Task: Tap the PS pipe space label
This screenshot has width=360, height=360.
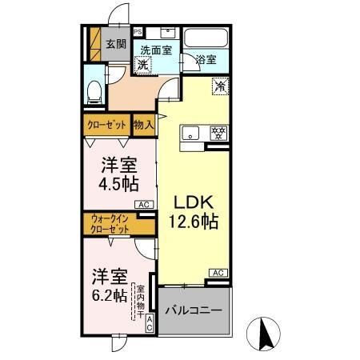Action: tap(138, 33)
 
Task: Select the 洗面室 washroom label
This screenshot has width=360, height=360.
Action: tap(157, 50)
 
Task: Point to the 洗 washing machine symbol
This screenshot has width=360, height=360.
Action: tap(142, 65)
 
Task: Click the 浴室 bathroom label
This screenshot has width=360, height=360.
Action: tap(206, 58)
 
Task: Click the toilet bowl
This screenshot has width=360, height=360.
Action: tap(94, 90)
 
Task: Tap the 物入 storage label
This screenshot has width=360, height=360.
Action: tap(144, 125)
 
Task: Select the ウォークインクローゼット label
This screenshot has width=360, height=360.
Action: tap(109, 223)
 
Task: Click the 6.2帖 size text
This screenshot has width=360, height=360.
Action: tap(107, 295)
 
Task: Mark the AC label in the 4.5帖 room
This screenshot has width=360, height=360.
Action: tap(144, 206)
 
